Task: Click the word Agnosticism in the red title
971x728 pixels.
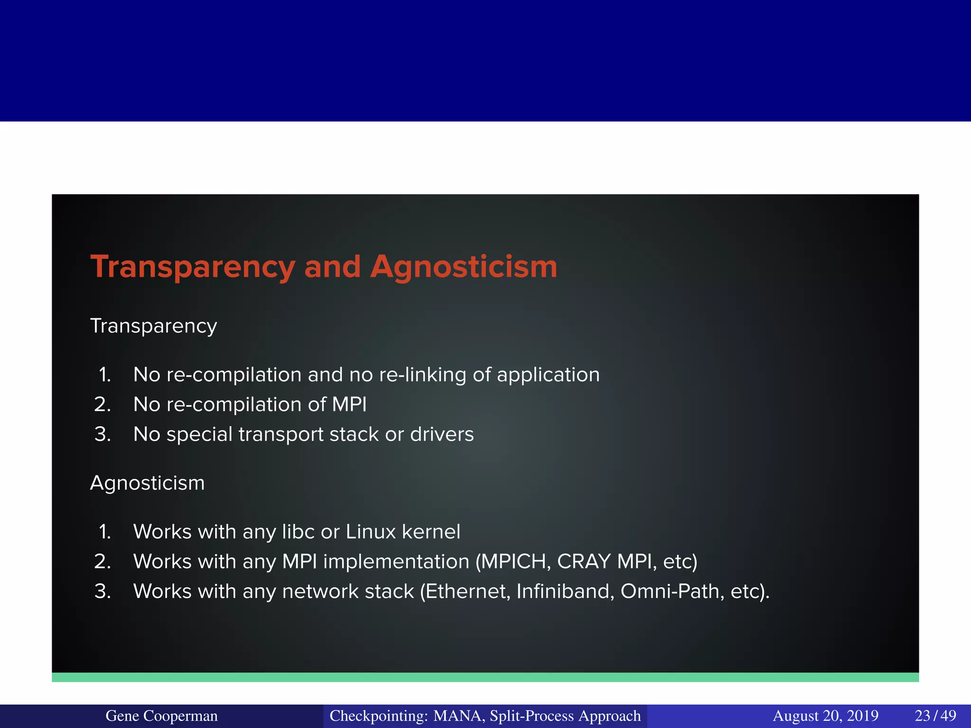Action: [464, 267]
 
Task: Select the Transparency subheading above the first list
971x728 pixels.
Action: [154, 326]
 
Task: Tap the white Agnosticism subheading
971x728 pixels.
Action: [147, 483]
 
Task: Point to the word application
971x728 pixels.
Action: [548, 375]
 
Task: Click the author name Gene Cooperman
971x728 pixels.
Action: [162, 716]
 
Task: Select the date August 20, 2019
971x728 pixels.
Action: [825, 716]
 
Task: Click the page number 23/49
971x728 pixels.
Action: [935, 716]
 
